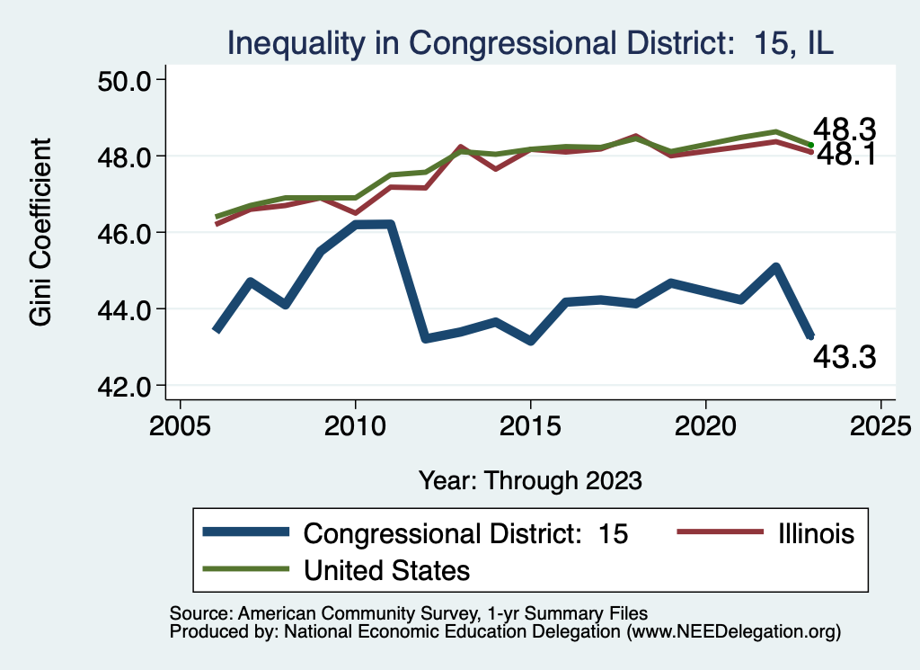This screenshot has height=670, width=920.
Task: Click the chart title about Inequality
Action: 530,42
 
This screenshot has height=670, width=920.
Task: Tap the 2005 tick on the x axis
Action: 181,424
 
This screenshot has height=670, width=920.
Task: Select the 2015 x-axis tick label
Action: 531,424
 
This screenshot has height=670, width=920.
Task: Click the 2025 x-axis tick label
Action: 880,424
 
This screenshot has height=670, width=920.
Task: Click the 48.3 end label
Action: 845,130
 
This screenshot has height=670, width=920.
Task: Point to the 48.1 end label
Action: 845,156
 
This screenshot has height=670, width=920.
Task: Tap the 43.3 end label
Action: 845,358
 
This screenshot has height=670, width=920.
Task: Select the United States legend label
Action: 387,569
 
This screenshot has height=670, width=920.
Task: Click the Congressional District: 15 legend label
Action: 465,533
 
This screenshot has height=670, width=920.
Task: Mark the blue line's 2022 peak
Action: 775,267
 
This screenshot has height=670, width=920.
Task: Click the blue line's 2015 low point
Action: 531,341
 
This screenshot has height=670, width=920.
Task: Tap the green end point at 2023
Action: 810,145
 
